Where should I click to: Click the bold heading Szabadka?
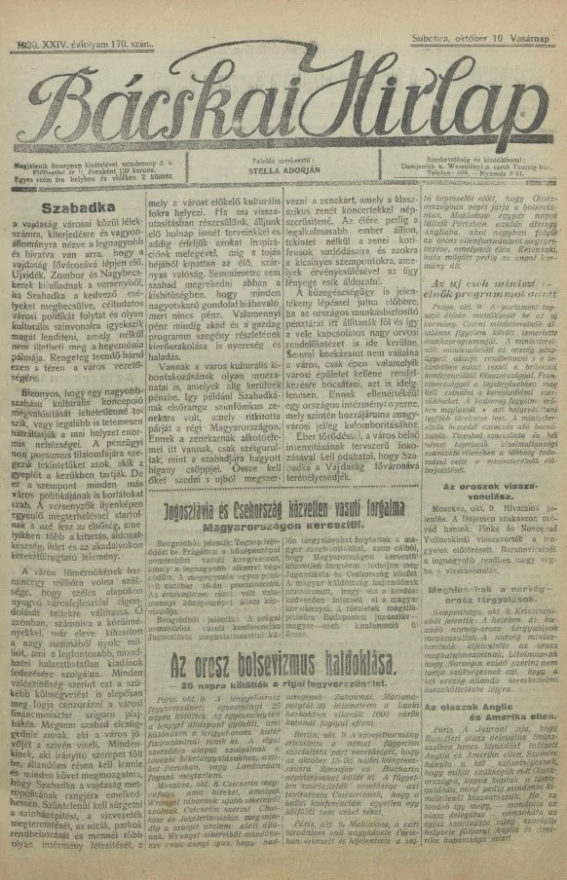pos(60,207)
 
